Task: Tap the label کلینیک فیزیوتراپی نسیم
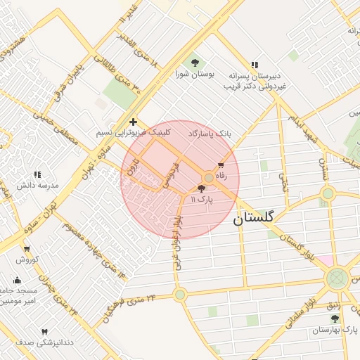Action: [133, 132]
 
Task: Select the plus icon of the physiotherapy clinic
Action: [133, 122]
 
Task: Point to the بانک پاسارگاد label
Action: [210, 132]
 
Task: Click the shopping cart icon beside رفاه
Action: [221, 165]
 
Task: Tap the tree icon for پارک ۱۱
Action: [202, 188]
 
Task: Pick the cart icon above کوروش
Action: [26, 248]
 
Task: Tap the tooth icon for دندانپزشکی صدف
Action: [45, 331]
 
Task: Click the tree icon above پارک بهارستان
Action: [334, 319]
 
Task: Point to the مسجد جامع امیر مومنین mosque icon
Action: [17, 281]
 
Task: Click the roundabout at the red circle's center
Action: [209, 178]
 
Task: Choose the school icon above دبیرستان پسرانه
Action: [254, 65]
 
